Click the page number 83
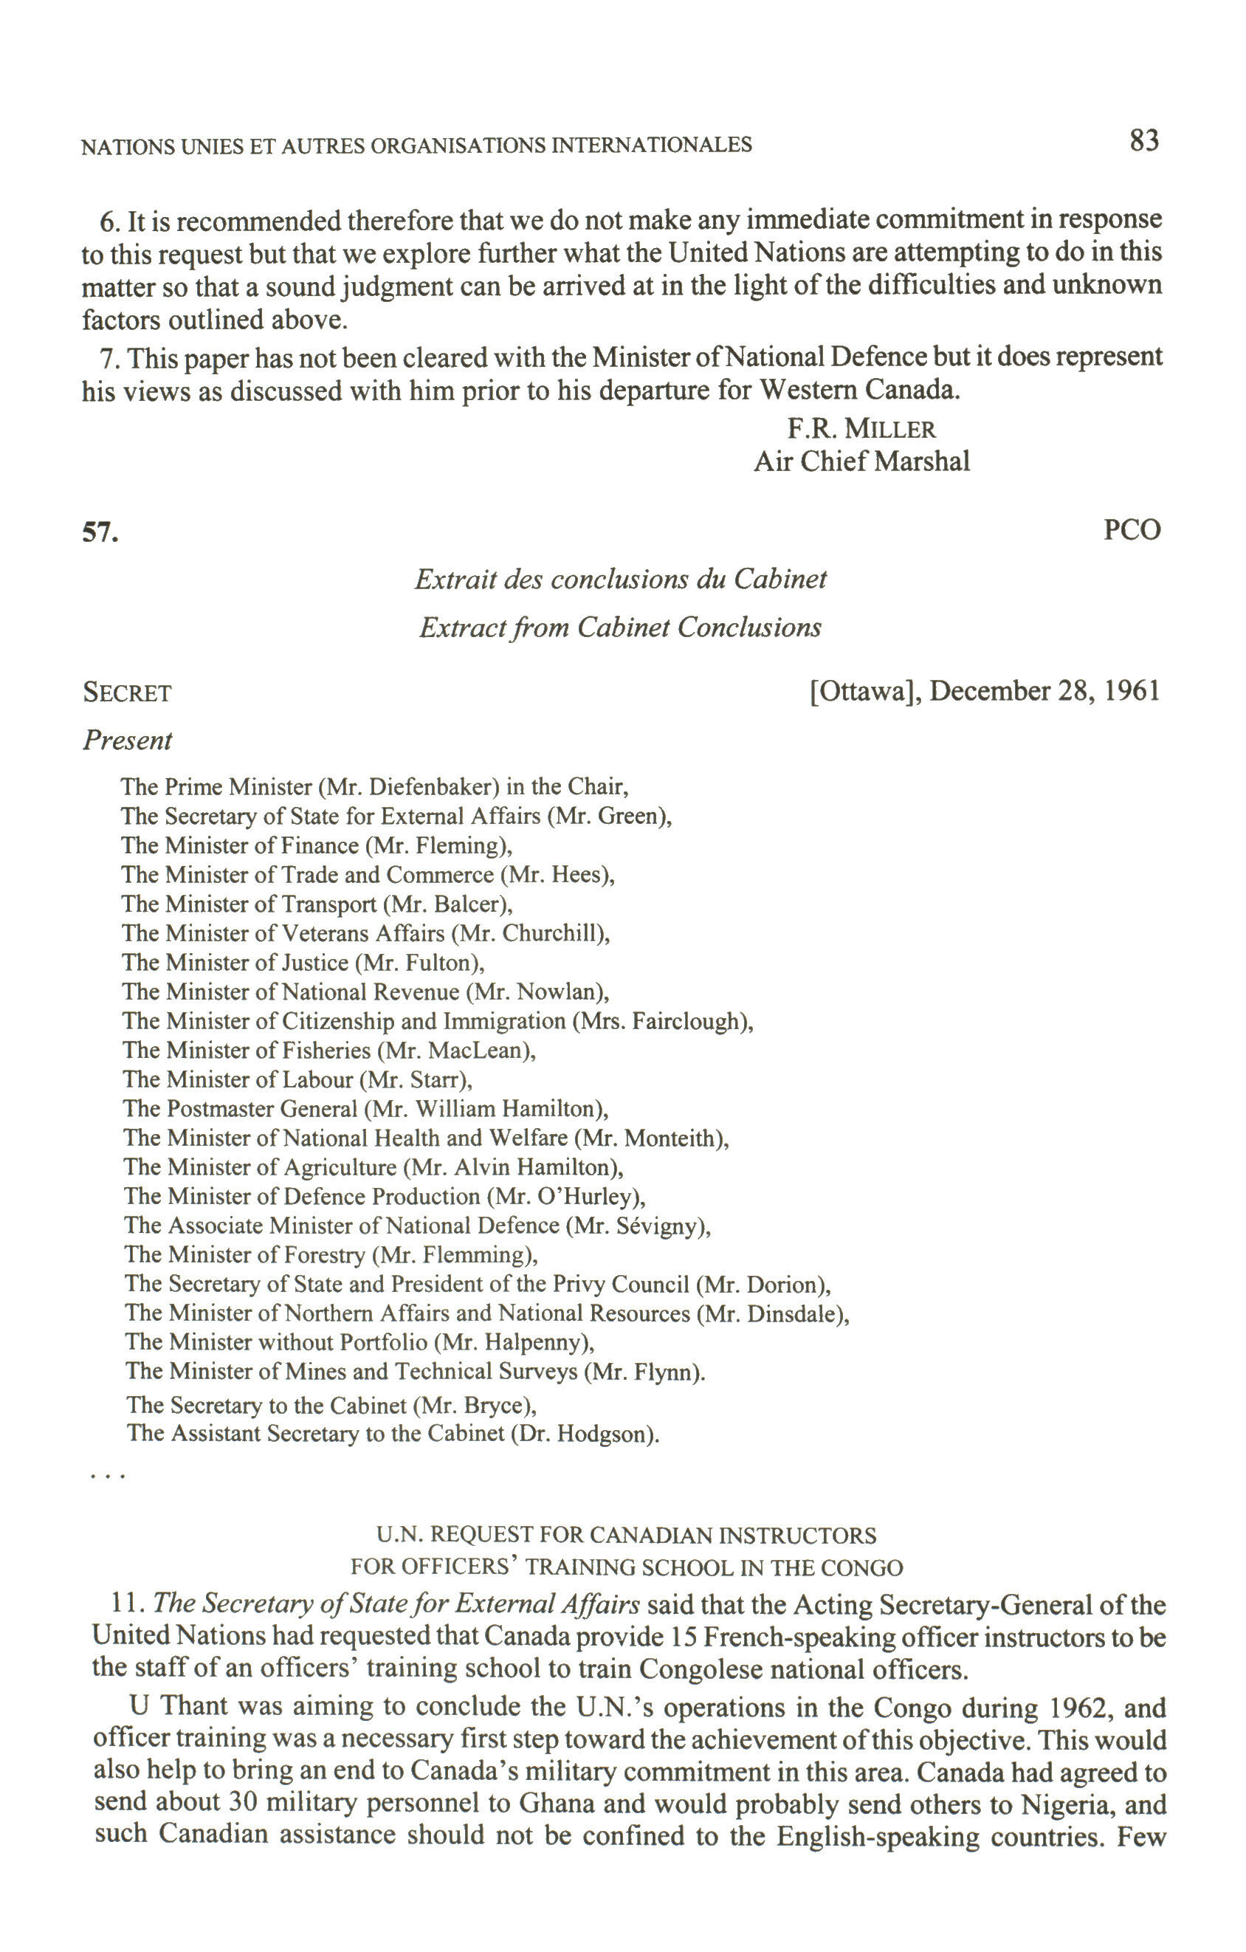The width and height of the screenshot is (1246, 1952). [1144, 141]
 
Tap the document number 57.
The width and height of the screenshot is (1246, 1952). [100, 532]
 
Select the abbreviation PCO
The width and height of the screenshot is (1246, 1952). [1132, 530]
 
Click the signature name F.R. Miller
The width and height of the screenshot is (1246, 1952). [861, 428]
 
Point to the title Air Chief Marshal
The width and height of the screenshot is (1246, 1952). [861, 461]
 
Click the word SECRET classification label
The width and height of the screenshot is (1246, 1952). [127, 693]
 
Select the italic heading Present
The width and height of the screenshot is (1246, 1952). [127, 740]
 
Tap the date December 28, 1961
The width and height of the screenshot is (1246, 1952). [1044, 691]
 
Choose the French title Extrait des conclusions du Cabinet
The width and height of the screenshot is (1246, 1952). [621, 579]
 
